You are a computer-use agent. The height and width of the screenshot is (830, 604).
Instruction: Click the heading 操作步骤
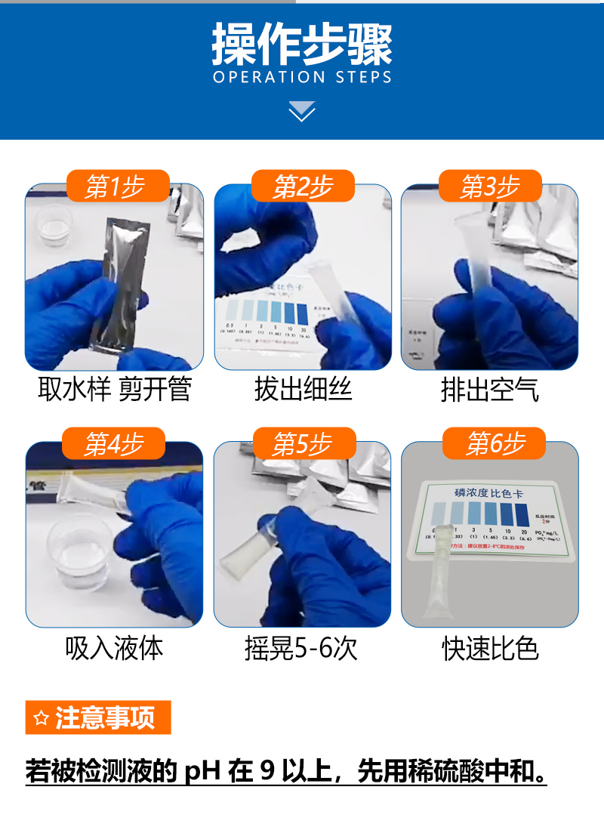click(302, 44)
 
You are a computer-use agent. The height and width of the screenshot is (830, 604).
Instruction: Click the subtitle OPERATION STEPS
click(302, 77)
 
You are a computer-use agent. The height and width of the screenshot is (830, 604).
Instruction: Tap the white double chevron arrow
click(302, 111)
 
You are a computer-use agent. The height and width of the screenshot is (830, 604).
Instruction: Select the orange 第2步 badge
click(302, 186)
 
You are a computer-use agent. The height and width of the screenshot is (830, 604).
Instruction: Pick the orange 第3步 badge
click(489, 186)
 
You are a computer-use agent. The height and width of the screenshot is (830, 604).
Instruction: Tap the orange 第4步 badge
click(114, 444)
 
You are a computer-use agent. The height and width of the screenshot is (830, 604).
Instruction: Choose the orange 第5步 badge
click(302, 444)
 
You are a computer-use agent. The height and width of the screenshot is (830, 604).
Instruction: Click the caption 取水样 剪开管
click(115, 390)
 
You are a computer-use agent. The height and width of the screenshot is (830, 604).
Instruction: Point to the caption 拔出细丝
click(303, 390)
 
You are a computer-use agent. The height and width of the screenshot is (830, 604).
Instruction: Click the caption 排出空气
click(489, 390)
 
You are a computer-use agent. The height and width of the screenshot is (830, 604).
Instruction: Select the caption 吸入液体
click(115, 648)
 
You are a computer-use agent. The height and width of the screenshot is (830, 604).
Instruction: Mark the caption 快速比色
click(490, 648)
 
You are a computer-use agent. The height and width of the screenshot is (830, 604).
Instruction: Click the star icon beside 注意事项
click(41, 717)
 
